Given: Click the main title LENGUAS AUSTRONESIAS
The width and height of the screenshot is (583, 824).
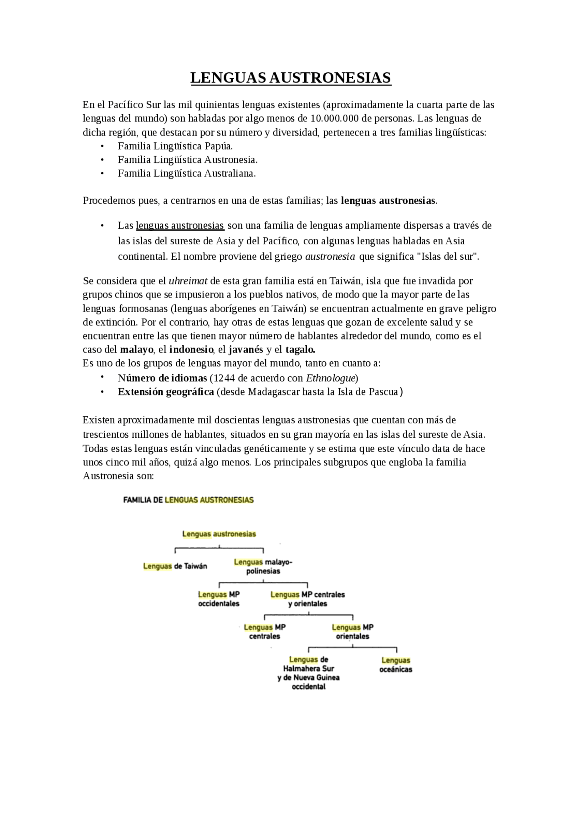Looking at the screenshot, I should (291, 78).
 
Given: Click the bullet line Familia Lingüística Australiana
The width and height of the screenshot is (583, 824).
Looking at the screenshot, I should (187, 173).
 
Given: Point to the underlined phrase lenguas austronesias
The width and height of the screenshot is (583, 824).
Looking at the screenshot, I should (180, 226).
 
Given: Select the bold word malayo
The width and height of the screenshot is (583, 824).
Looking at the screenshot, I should (136, 349).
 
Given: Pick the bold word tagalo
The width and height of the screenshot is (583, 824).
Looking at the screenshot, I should (300, 349).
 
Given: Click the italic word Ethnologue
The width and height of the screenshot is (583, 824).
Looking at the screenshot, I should (331, 378).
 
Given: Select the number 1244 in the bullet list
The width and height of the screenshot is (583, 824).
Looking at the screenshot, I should (224, 378).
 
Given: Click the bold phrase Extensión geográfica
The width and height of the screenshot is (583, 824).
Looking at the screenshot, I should (166, 392).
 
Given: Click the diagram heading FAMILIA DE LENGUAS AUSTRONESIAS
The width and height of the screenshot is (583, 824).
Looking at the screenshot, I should (189, 500).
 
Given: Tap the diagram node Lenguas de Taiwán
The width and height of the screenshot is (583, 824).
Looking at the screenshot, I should (175, 566).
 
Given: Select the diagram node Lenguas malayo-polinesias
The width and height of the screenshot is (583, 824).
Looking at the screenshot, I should (263, 566).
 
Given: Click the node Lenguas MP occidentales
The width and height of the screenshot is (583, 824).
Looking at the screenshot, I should (219, 599).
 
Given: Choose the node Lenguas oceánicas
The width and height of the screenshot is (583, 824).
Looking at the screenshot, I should (395, 665).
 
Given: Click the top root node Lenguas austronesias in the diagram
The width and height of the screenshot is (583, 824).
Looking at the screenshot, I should (219, 534).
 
